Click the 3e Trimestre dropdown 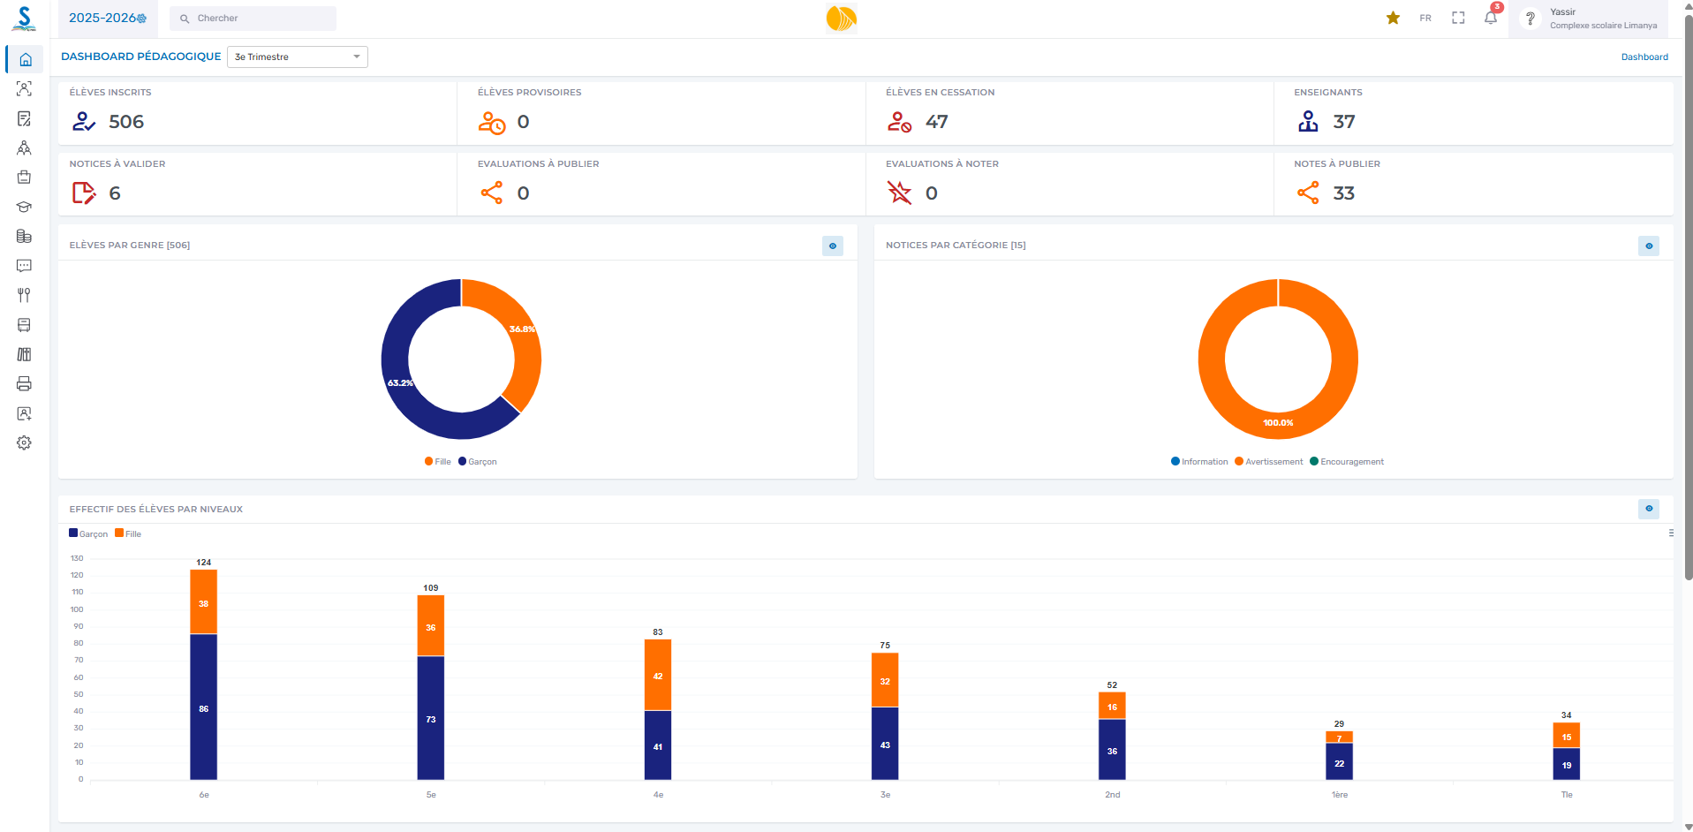pyautogui.click(x=297, y=57)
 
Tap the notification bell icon pyautogui.click(x=1491, y=18)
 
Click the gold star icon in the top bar pyautogui.click(x=1393, y=18)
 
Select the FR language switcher pyautogui.click(x=1425, y=18)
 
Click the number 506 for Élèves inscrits pyautogui.click(x=126, y=122)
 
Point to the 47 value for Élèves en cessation pyautogui.click(x=937, y=122)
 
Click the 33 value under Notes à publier pyautogui.click(x=1343, y=193)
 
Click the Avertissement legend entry pyautogui.click(x=1269, y=462)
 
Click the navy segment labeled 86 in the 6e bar pyautogui.click(x=203, y=708)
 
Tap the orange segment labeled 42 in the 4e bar pyautogui.click(x=658, y=676)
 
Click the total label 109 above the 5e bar pyautogui.click(x=430, y=587)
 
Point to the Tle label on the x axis pyautogui.click(x=1567, y=795)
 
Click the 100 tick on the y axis pyautogui.click(x=78, y=609)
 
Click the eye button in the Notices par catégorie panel pyautogui.click(x=1648, y=246)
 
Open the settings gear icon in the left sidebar pyautogui.click(x=24, y=442)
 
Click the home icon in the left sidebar pyautogui.click(x=26, y=59)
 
